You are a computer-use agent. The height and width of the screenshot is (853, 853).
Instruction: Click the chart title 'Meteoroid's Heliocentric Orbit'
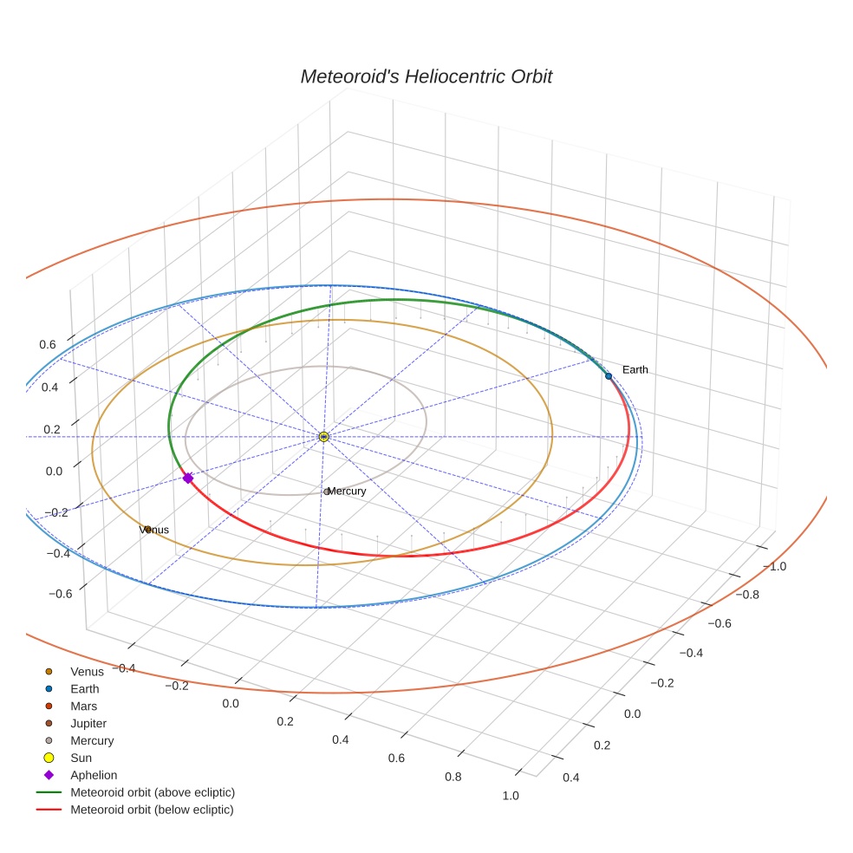click(426, 76)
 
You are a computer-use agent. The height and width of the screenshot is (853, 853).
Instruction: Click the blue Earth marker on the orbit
click(609, 375)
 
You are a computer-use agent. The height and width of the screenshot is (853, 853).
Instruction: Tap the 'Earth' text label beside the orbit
click(635, 370)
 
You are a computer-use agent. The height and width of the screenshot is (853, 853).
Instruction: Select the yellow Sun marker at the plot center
click(323, 437)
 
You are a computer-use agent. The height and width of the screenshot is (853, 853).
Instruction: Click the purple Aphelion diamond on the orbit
click(187, 478)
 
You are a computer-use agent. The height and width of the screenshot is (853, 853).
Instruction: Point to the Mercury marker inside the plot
click(327, 492)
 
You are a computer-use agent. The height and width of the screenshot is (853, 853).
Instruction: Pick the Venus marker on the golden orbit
click(147, 529)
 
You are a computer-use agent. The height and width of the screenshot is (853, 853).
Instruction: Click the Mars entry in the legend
click(83, 706)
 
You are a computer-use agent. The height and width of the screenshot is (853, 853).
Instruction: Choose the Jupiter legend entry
click(88, 724)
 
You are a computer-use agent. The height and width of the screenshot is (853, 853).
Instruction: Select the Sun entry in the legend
click(81, 759)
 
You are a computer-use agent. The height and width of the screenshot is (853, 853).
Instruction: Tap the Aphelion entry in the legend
click(93, 776)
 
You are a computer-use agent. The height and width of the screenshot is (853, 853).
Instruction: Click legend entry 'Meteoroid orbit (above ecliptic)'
click(152, 792)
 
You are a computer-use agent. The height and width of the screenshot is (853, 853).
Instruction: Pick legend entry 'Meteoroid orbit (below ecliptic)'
click(152, 810)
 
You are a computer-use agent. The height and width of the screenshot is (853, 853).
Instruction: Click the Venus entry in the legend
click(87, 672)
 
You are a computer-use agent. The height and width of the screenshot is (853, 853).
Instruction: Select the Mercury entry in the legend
click(91, 741)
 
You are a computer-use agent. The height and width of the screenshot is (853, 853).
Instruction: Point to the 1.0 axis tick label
click(511, 796)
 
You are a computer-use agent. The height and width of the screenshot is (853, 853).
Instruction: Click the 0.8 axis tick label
click(453, 777)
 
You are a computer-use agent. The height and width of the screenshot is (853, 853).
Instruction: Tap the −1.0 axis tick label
click(772, 566)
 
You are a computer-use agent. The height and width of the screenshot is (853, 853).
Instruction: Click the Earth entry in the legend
click(84, 689)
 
